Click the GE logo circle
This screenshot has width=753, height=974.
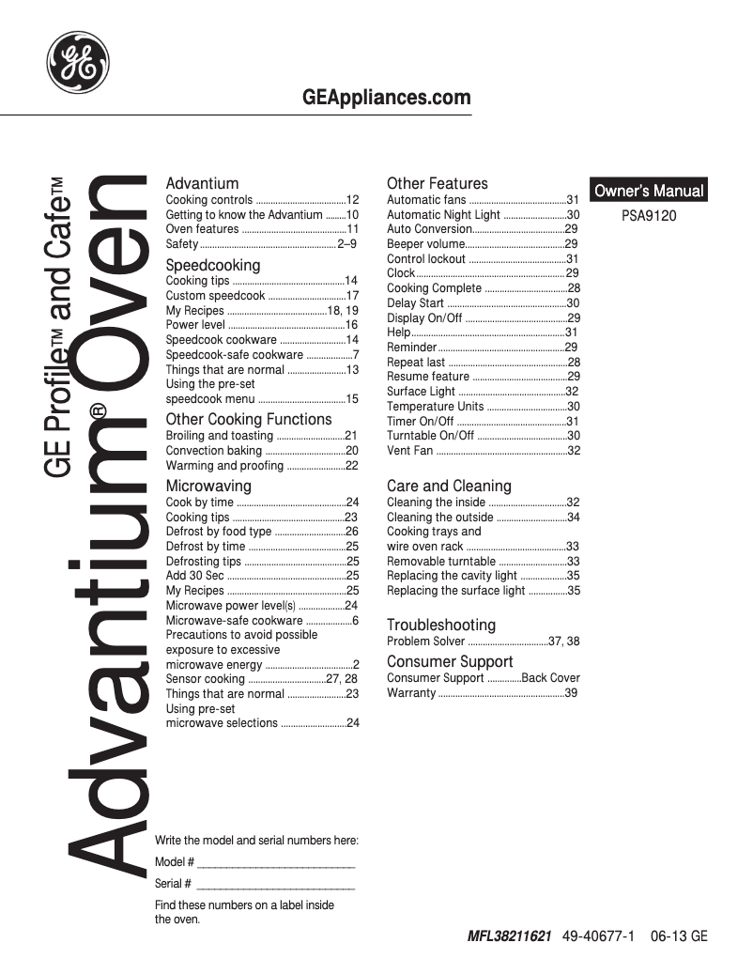pyautogui.click(x=79, y=62)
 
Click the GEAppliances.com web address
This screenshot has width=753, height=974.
pyautogui.click(x=387, y=98)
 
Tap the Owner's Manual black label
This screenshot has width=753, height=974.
pyautogui.click(x=648, y=191)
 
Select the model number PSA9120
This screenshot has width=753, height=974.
pyautogui.click(x=649, y=215)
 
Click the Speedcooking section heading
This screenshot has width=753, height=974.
pyautogui.click(x=213, y=265)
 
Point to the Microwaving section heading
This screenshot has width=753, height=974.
pyautogui.click(x=208, y=486)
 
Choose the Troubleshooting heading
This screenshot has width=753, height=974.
pyautogui.click(x=441, y=625)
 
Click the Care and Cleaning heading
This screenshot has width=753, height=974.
pyautogui.click(x=449, y=486)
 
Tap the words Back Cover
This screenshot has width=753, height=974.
pyautogui.click(x=551, y=678)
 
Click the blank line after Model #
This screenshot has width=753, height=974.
pyautogui.click(x=276, y=862)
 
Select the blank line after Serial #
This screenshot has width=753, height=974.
pyautogui.click(x=276, y=884)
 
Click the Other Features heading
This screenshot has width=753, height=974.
pyautogui.click(x=438, y=183)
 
